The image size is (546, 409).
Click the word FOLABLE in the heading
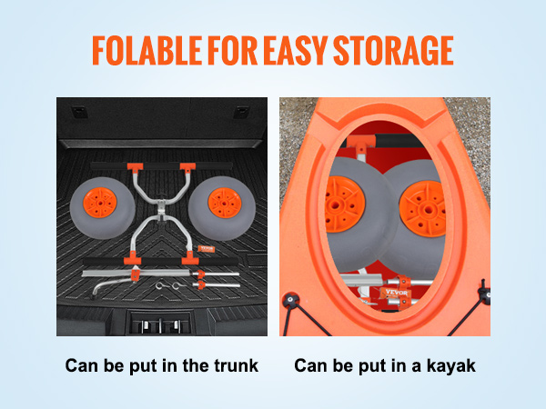(147, 51)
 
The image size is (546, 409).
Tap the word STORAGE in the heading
(393, 51)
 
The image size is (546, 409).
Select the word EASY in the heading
(295, 51)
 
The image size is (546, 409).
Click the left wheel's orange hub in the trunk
(100, 203)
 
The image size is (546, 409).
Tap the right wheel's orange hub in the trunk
(225, 203)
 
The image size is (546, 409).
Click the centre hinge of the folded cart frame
(161, 209)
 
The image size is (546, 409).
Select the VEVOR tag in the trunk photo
(206, 249)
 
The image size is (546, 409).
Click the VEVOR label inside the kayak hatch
(396, 294)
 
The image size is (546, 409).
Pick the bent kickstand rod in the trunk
(112, 285)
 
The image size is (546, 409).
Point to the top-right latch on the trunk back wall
(241, 112)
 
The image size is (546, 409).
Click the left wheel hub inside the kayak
(344, 204)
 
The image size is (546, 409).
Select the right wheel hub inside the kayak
(423, 209)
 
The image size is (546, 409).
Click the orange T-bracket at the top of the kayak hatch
(361, 144)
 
